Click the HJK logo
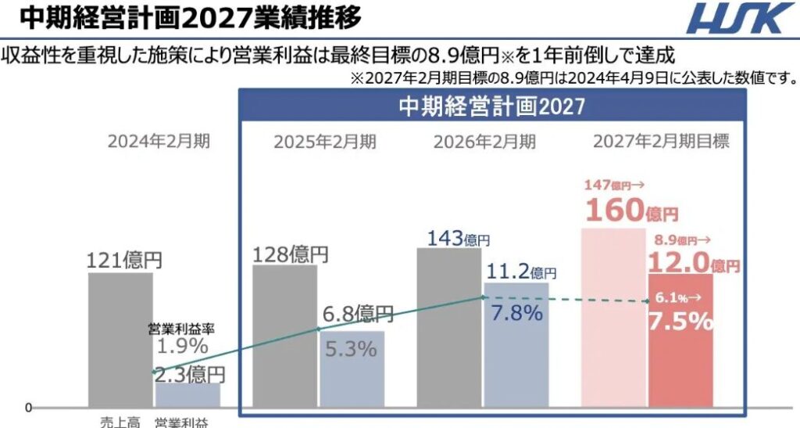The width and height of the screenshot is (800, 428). [x=738, y=18]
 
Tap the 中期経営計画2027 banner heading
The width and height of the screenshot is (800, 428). [x=491, y=106]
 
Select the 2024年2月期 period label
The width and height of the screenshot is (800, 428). [x=159, y=142]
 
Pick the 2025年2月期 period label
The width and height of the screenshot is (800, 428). [x=324, y=142]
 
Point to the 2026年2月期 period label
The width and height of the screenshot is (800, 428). [x=485, y=142]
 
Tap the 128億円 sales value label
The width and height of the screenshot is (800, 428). [x=291, y=254]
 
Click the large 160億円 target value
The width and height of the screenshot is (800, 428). [x=630, y=210]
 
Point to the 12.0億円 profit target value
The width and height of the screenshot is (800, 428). [x=692, y=263]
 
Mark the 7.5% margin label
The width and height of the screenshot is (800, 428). [x=679, y=320]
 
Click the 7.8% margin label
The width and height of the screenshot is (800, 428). [x=516, y=315]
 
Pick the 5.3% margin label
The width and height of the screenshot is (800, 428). [x=351, y=349]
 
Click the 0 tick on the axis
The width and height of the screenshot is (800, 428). [x=29, y=408]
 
